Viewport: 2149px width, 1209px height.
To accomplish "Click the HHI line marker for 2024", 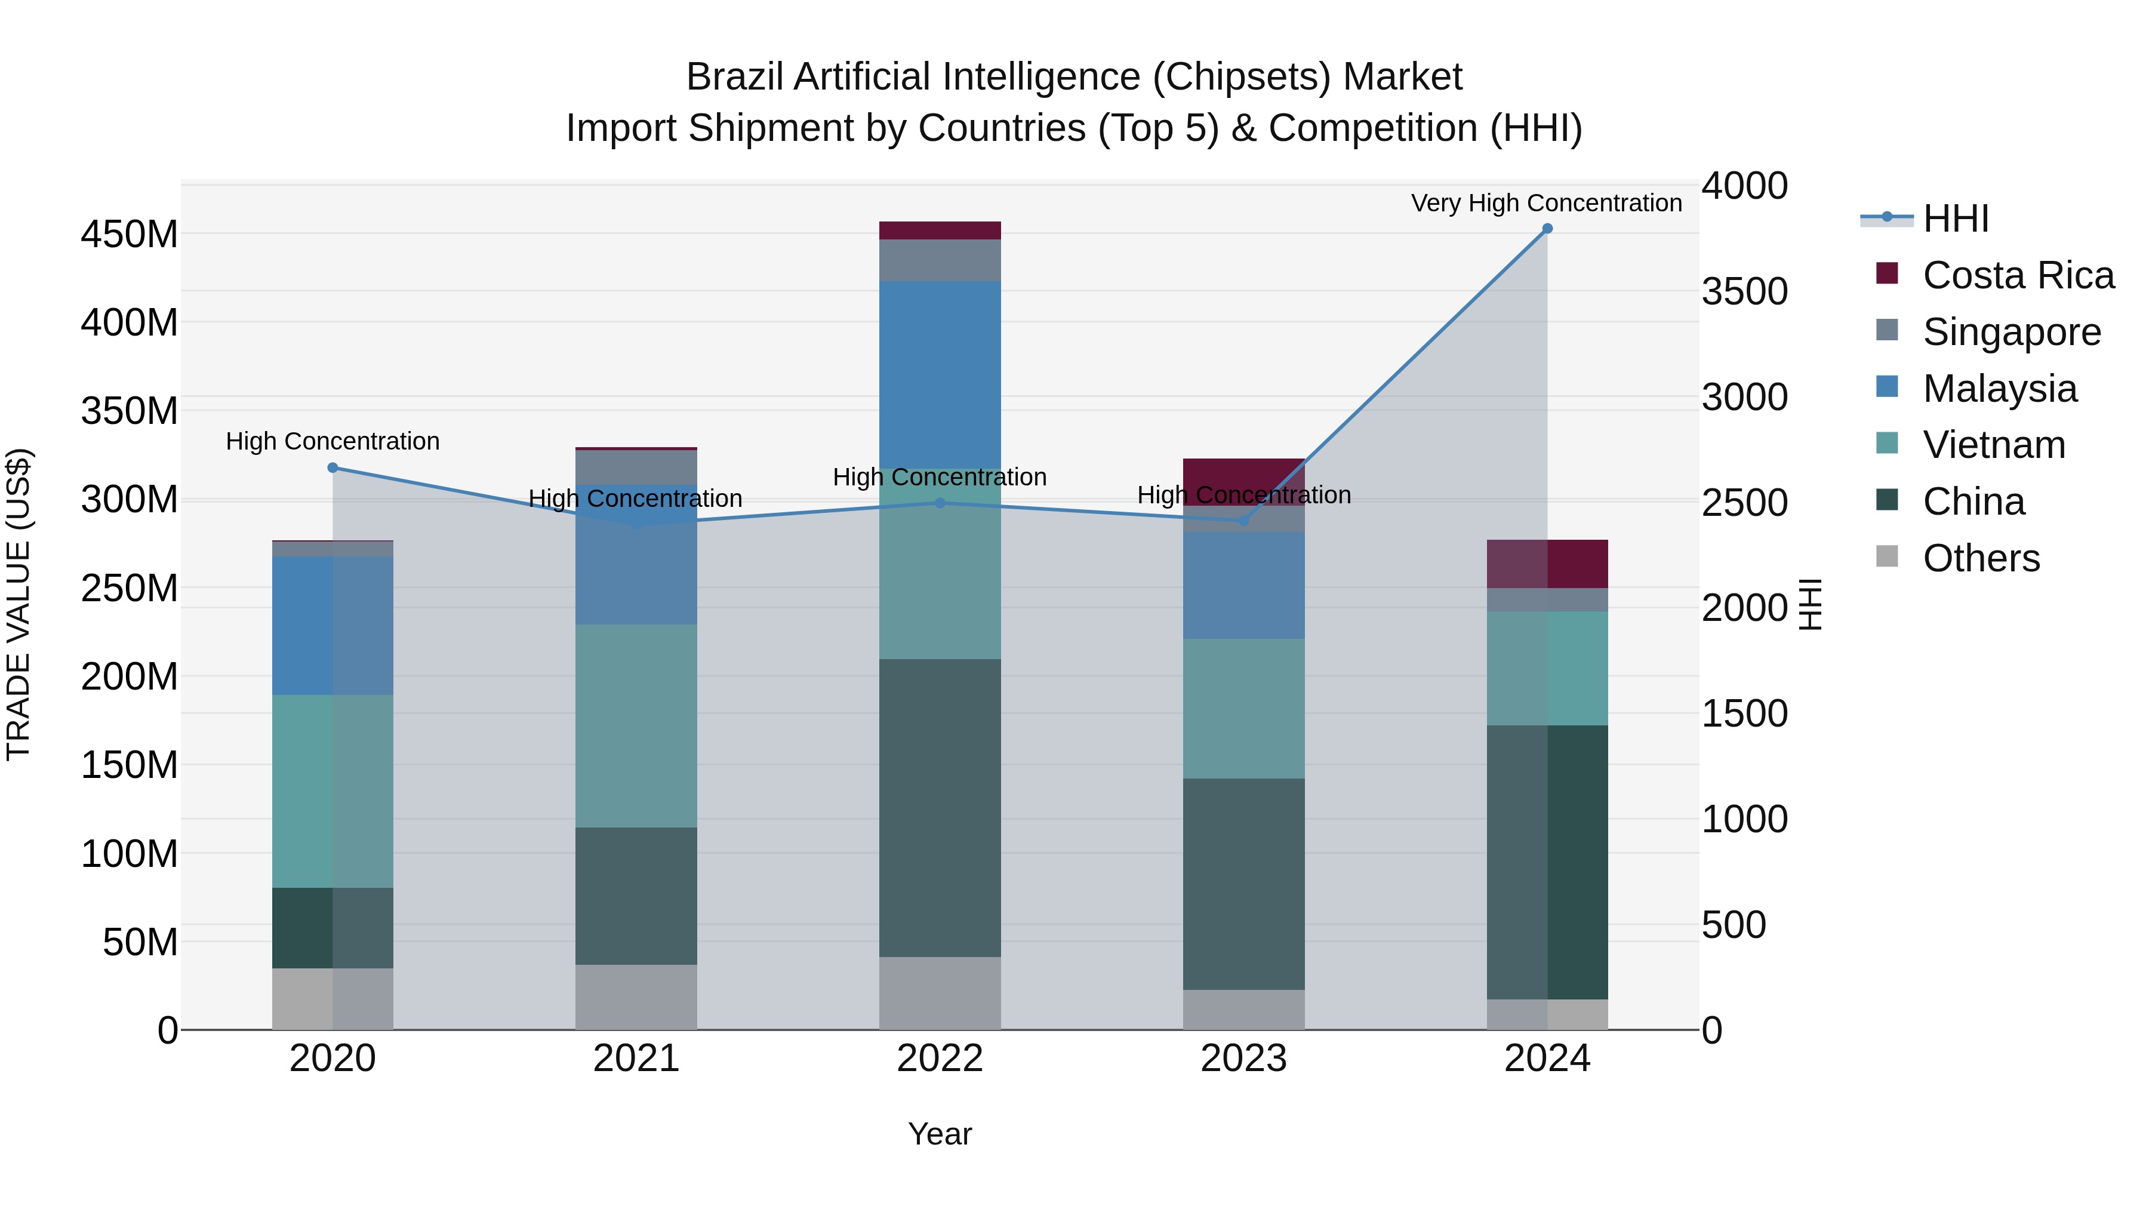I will tap(1547, 229).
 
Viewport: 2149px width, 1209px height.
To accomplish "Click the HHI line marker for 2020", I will tap(333, 468).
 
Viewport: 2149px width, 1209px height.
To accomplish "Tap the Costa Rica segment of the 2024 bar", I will tap(1547, 564).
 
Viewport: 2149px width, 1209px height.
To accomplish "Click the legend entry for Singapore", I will tap(2011, 332).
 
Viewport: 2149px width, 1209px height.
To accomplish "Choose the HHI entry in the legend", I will tap(1954, 219).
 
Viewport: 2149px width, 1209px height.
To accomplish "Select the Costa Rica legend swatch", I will tap(1887, 273).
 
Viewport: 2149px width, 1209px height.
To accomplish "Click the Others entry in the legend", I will tap(1981, 558).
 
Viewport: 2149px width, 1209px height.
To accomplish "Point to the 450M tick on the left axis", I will tap(130, 235).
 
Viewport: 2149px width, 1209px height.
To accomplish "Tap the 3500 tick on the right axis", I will tap(1744, 292).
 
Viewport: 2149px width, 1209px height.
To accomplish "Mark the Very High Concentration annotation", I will tap(1546, 203).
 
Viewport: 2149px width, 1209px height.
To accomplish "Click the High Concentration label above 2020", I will tap(333, 441).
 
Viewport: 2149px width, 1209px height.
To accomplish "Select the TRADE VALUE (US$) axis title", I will tap(19, 604).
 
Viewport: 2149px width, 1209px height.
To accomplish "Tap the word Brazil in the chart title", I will tap(734, 78).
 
